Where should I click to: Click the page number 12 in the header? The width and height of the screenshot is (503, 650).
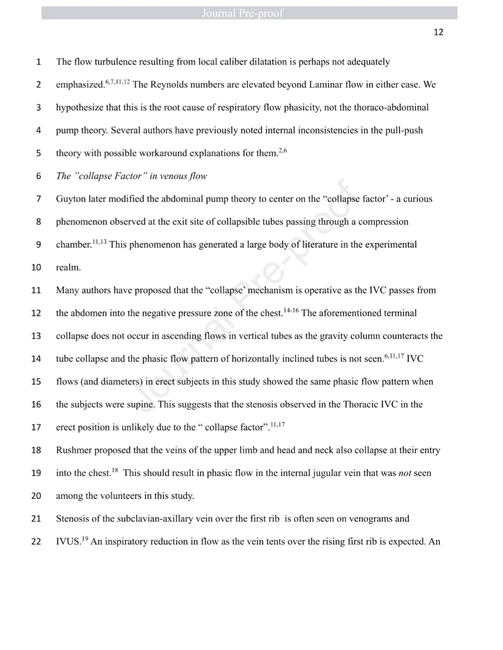[x=438, y=32]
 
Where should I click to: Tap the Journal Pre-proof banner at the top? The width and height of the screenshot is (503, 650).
[x=243, y=13]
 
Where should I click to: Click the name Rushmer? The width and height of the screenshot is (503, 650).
[x=74, y=450]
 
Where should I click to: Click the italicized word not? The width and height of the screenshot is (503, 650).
[x=404, y=473]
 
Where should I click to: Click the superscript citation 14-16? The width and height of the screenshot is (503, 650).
[x=291, y=310]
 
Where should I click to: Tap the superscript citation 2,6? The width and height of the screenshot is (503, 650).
[x=282, y=151]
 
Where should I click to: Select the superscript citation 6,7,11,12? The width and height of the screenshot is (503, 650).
[x=117, y=82]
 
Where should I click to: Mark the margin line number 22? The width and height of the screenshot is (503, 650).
[x=36, y=542]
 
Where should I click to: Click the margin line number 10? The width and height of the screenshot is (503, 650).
[x=36, y=267]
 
